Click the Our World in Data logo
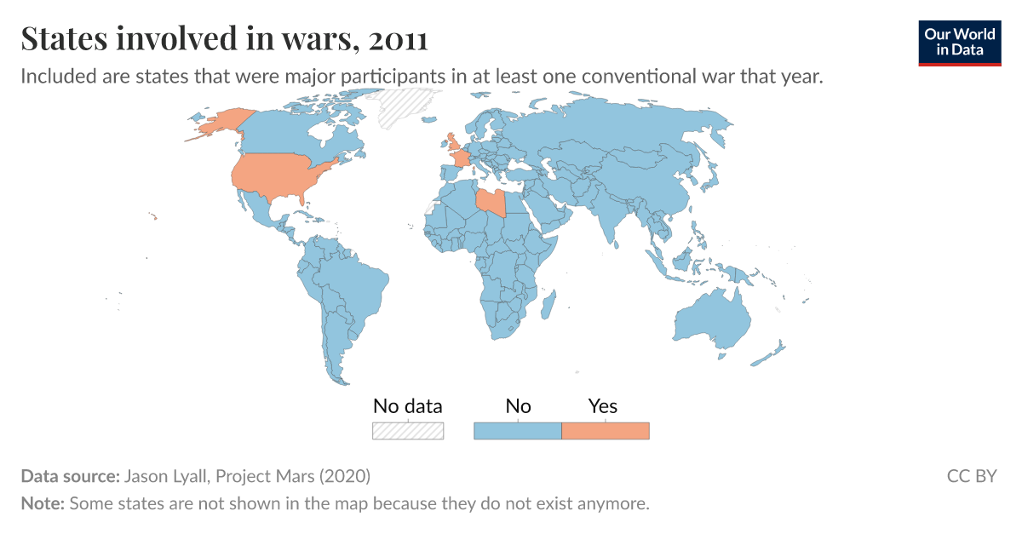tap(960, 41)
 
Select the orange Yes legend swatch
tap(606, 431)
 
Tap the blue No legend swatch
tap(517, 431)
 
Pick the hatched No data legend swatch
tap(408, 431)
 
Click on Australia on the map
tap(711, 319)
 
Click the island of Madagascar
tap(549, 301)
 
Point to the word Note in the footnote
tap(42, 503)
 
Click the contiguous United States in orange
tap(277, 175)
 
